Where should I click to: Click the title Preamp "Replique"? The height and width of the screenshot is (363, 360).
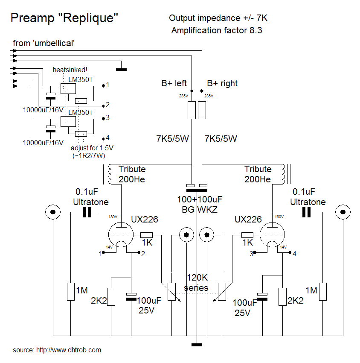[64, 18]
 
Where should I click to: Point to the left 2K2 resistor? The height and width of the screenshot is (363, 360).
[111, 297]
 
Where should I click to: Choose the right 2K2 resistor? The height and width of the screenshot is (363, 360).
[282, 297]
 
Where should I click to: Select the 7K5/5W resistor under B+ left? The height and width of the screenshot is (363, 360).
[192, 110]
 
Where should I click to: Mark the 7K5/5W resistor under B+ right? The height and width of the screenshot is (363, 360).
[202, 110]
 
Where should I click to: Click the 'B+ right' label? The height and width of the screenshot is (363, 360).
[222, 83]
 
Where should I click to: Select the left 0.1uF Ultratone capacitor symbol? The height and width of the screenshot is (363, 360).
[87, 212]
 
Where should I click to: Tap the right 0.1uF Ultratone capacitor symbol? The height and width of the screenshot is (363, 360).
[306, 212]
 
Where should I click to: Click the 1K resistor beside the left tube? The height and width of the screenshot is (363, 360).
[147, 235]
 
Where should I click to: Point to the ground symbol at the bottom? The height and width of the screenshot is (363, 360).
[197, 344]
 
